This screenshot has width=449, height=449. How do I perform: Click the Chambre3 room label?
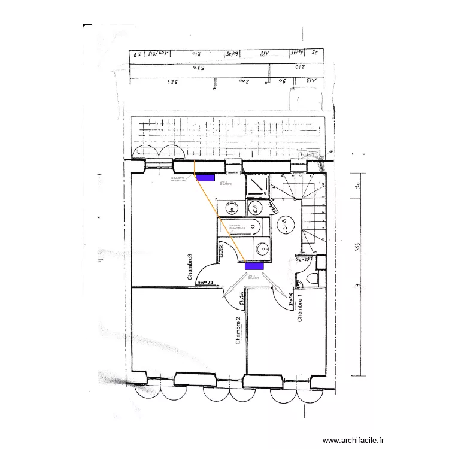tap(190, 268)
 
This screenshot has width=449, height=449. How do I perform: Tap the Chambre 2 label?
tap(238, 330)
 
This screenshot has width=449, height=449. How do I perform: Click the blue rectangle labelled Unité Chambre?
tap(205, 178)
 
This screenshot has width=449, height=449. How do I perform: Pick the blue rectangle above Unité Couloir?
tap(254, 266)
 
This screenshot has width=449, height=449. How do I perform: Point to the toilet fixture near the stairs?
tap(310, 279)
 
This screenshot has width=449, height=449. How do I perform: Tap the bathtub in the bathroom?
tap(245, 227)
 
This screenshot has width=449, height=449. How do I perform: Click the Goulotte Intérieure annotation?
tap(178, 179)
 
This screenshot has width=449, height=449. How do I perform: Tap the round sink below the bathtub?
tap(260, 248)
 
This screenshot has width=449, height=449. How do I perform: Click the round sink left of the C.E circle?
tap(231, 208)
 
